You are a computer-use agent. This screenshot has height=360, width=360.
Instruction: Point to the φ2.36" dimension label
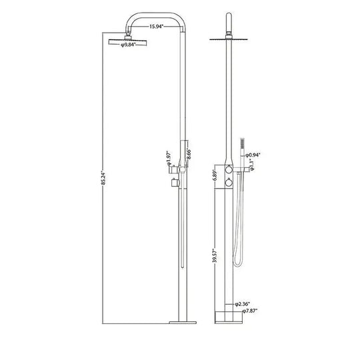pyautogui.click(x=242, y=304)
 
